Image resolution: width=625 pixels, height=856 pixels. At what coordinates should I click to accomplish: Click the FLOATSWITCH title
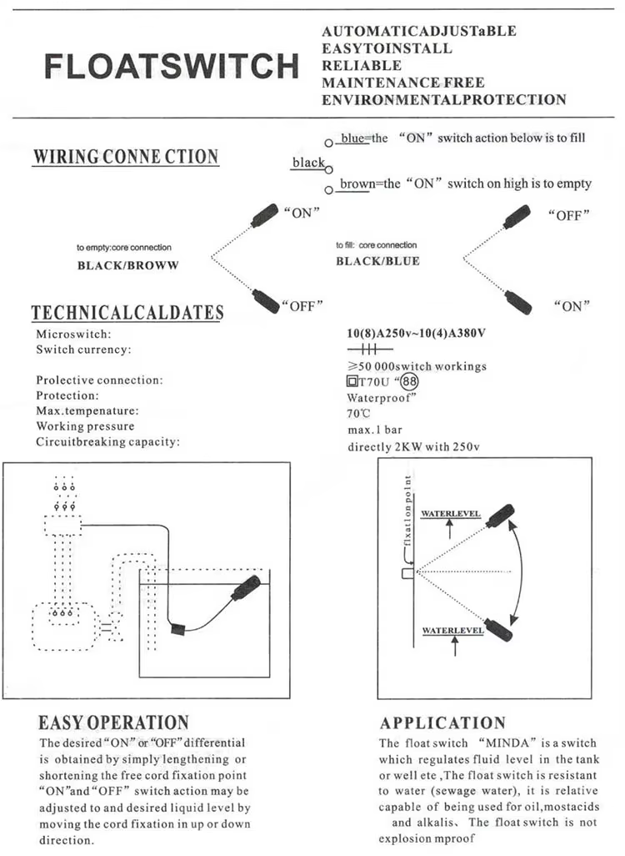(x=171, y=66)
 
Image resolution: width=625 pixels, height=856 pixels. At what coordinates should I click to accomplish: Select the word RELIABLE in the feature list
(x=362, y=66)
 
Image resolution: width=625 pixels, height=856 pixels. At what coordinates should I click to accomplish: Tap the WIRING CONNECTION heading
(x=126, y=157)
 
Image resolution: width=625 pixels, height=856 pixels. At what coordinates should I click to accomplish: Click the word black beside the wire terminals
(x=308, y=162)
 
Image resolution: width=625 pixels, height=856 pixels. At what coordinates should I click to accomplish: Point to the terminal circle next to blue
(x=328, y=143)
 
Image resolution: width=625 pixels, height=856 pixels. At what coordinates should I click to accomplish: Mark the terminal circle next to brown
(x=328, y=190)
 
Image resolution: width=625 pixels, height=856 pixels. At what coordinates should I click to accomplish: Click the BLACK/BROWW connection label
(x=128, y=266)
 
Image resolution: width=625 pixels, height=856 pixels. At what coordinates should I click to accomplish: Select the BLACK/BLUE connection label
(x=378, y=261)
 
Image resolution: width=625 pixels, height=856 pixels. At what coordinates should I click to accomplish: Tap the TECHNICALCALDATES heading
(x=127, y=312)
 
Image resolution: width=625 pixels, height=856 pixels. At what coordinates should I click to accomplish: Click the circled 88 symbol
(x=409, y=381)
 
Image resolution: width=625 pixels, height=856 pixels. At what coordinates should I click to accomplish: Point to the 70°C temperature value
(x=358, y=414)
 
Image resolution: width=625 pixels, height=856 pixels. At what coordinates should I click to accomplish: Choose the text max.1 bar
(x=375, y=431)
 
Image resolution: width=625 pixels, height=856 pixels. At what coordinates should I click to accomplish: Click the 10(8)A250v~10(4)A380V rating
(x=416, y=333)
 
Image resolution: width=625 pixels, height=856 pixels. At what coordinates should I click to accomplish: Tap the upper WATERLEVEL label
(x=451, y=514)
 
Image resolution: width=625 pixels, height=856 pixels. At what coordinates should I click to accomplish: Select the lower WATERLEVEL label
(x=452, y=631)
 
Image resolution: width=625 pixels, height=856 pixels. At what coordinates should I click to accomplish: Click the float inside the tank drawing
(x=246, y=587)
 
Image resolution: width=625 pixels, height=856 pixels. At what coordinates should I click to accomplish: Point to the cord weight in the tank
(x=178, y=629)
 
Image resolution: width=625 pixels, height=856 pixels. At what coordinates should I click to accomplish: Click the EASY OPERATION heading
(x=113, y=723)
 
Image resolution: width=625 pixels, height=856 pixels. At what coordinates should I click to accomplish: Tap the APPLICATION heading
(x=442, y=723)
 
